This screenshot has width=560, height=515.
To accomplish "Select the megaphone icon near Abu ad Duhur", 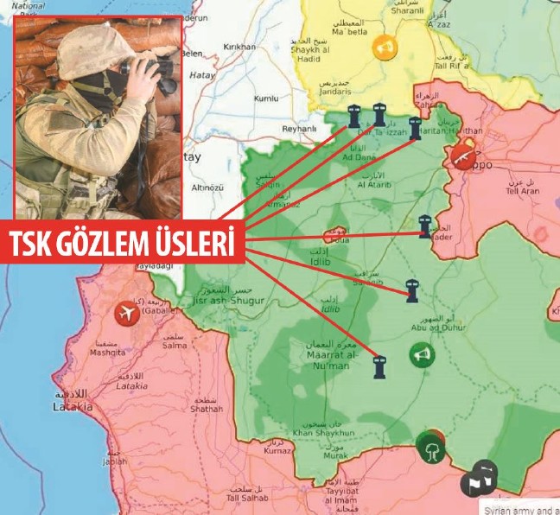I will click(422, 354).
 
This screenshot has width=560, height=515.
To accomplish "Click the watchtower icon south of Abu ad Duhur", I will click(378, 366).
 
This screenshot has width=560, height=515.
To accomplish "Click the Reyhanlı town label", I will click(301, 129).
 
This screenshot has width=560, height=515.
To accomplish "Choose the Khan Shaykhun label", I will click(300, 432).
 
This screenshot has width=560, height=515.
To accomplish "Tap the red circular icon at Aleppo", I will click(461, 157).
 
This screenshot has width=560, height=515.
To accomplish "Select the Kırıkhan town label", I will click(240, 46).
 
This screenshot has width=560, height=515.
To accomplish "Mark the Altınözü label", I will click(207, 187).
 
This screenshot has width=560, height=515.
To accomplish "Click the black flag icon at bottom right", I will click(480, 479).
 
